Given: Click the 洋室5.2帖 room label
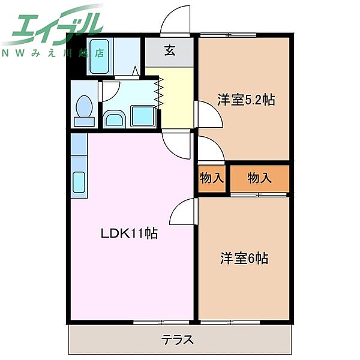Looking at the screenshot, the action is tap(246, 100).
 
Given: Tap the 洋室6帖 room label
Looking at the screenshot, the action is tap(244, 258).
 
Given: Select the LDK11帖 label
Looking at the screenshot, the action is tap(129, 233).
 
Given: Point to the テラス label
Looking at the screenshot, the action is tap(177, 340).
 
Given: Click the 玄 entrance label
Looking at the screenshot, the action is tap(170, 50).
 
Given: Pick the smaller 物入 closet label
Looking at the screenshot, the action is tap(212, 178).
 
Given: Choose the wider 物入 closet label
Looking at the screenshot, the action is tap(259, 178).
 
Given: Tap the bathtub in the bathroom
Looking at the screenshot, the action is tap(99, 56).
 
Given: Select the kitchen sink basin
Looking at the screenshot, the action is tap(79, 182).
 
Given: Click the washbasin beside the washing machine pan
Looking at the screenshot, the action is tap(115, 119).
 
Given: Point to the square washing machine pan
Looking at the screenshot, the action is tap(143, 116).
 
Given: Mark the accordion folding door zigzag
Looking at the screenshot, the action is tap(160, 93).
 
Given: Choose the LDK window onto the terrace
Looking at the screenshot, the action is tap(161, 322).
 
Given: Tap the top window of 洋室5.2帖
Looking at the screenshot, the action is tap(228, 35).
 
